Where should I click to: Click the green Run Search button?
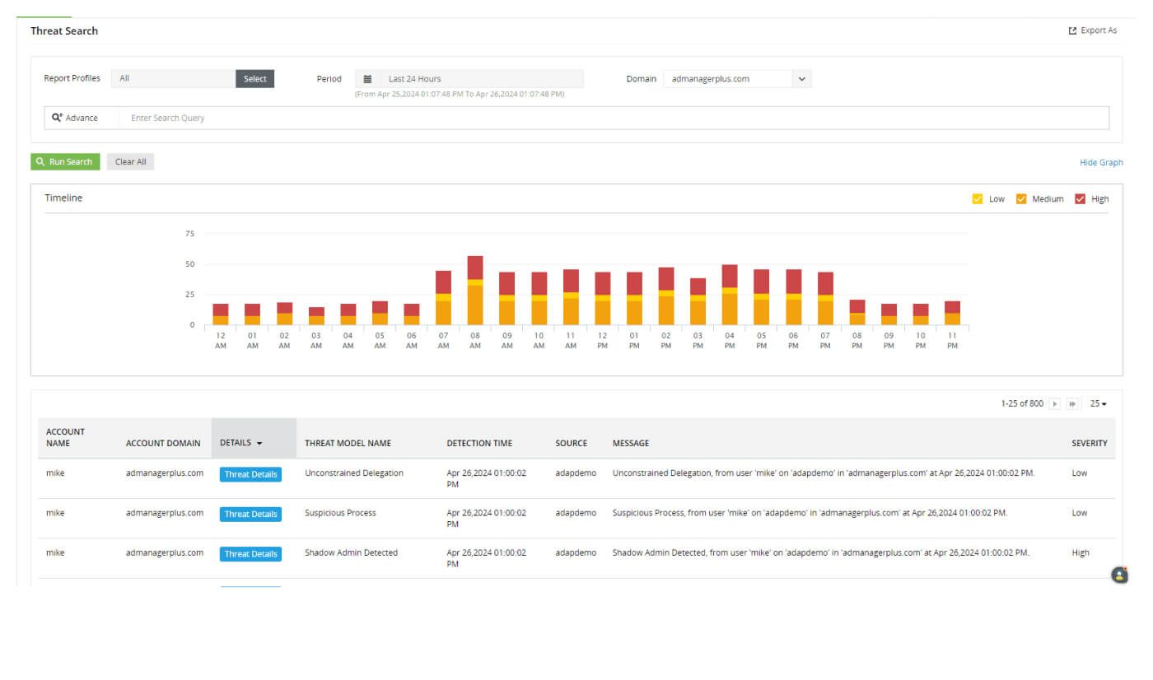tap(65, 162)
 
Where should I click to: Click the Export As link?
tap(1092, 30)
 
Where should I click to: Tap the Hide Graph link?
tap(1100, 162)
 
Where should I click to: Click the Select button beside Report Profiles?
tap(254, 79)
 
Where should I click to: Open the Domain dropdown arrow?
tap(802, 79)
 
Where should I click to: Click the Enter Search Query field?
tap(614, 118)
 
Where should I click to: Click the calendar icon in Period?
tap(367, 79)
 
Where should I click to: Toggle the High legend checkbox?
tap(1080, 198)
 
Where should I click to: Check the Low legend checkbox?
tap(978, 198)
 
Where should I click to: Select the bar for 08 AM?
tap(475, 291)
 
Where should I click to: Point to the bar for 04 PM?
tap(730, 295)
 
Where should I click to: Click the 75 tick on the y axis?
tap(189, 234)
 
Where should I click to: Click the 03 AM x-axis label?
tap(316, 341)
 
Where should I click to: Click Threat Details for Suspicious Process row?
tap(250, 514)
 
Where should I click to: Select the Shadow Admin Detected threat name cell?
tap(351, 552)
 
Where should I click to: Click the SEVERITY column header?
tap(1089, 443)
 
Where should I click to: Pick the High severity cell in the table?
tap(1081, 552)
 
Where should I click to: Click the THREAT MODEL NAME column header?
tap(348, 443)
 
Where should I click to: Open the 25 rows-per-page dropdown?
tap(1098, 403)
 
